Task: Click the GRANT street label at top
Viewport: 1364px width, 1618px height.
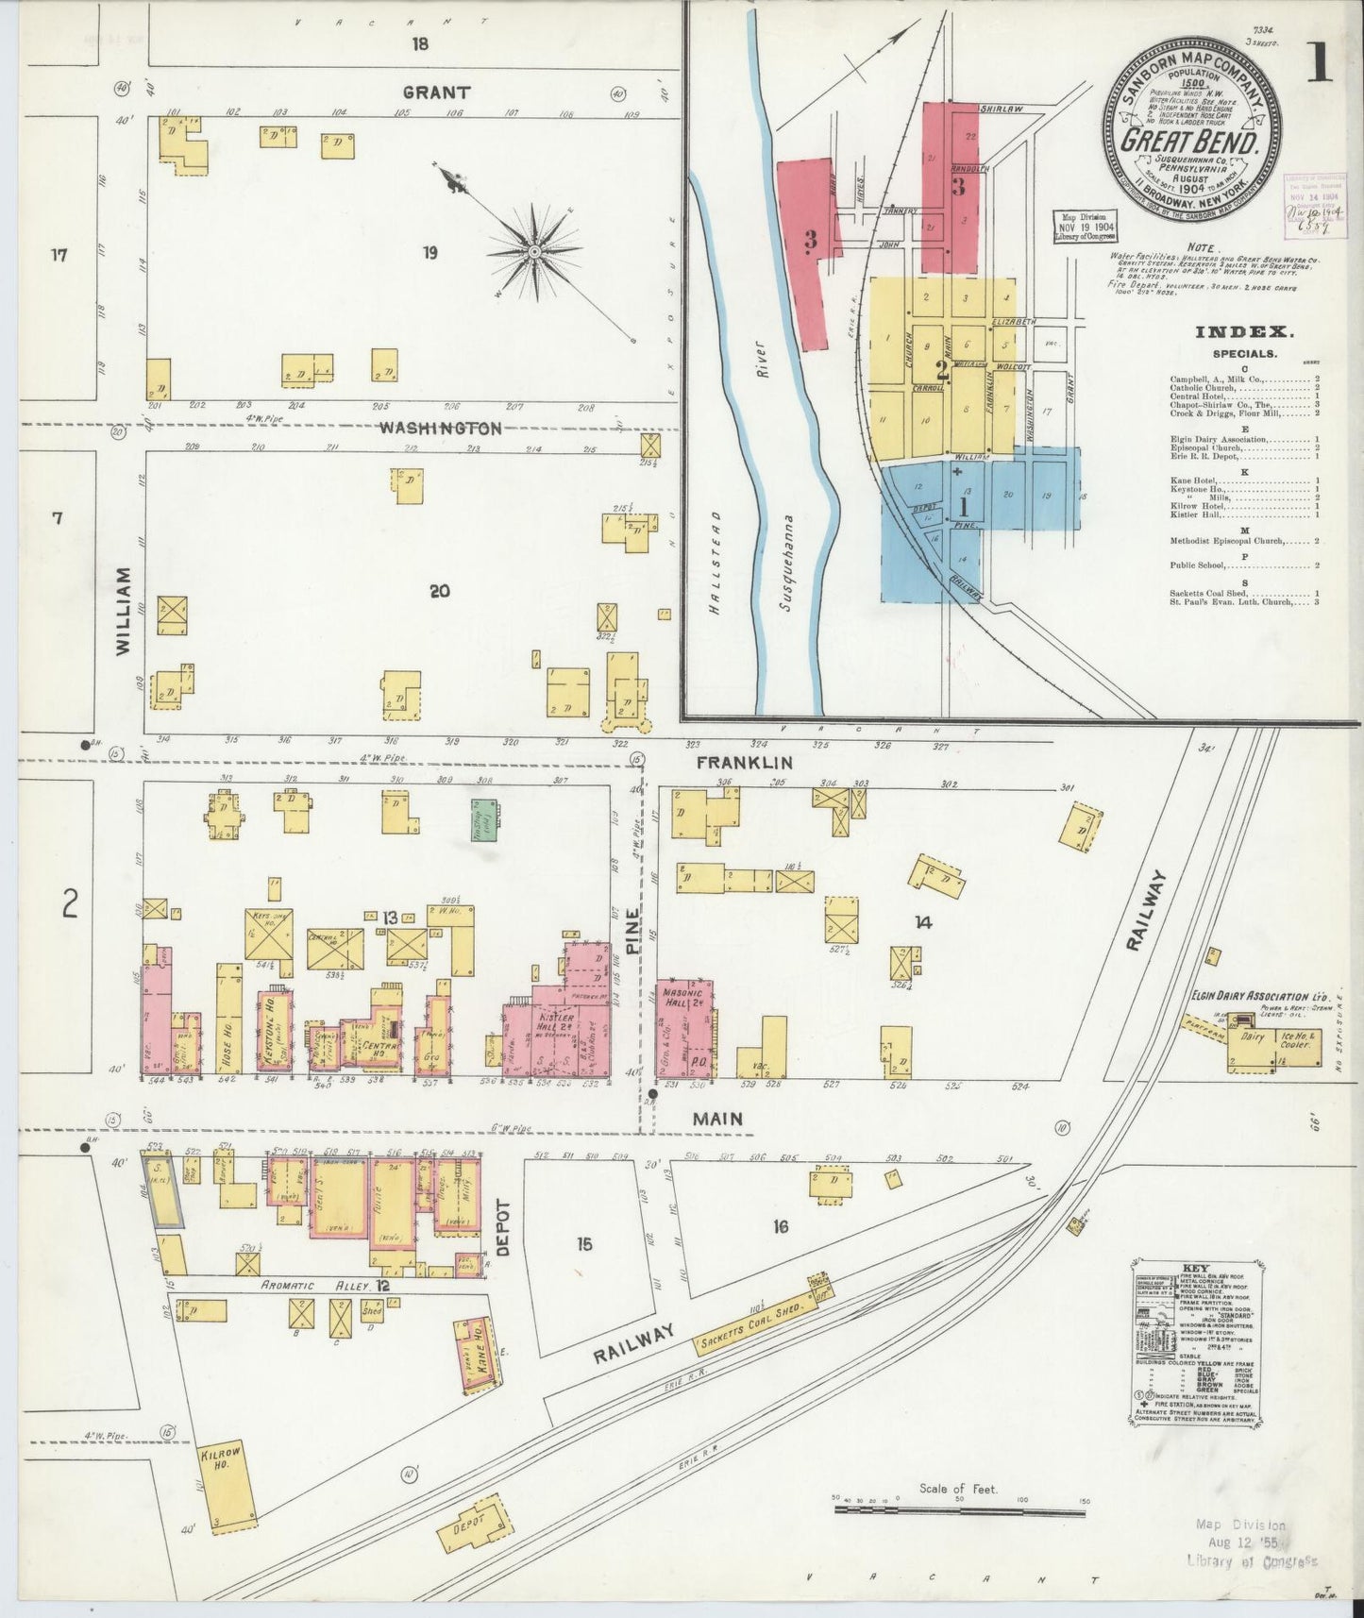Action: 436,93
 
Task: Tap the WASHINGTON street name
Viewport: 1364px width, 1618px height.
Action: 440,428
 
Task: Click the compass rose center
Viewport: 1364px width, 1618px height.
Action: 534,251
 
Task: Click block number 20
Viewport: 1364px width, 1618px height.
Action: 439,592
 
